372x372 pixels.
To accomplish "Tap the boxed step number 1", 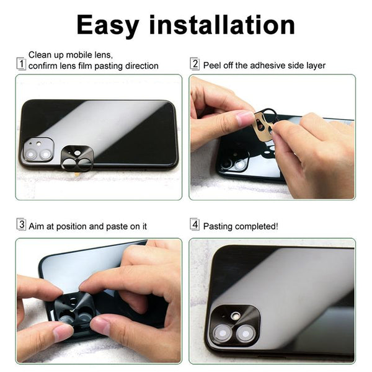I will pyautogui.click(x=21, y=64).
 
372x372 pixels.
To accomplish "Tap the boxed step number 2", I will pyautogui.click(x=195, y=64).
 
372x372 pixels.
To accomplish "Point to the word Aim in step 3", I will pyautogui.click(x=37, y=226).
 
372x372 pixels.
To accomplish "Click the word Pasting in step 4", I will pyautogui.click(x=219, y=226).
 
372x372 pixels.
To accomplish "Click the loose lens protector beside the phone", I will pyautogui.click(x=77, y=159).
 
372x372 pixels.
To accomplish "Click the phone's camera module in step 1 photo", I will pyautogui.click(x=37, y=151).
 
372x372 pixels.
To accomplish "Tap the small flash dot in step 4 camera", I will pyautogui.click(x=235, y=315).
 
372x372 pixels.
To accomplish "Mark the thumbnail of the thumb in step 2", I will pyautogui.click(x=245, y=118).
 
